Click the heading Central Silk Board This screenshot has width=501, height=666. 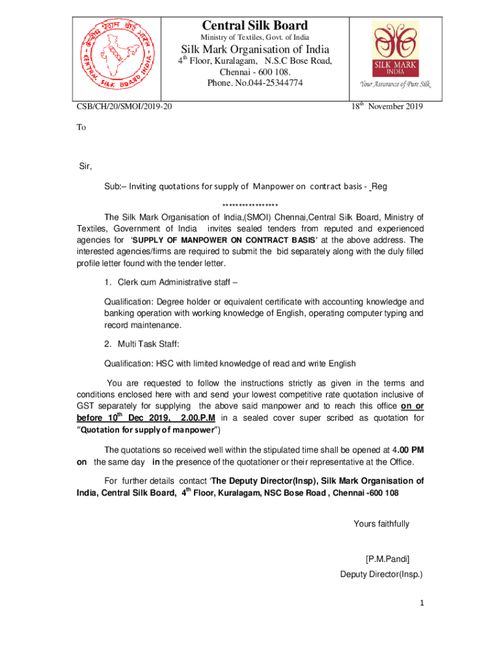pyautogui.click(x=255, y=25)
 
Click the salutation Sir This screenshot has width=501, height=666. pyautogui.click(x=86, y=166)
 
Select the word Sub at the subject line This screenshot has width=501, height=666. pyautogui.click(x=112, y=187)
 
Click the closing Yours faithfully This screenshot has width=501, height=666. pyautogui.click(x=381, y=524)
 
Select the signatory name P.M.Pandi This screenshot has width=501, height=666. pyautogui.click(x=388, y=558)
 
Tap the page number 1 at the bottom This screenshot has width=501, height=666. pyautogui.click(x=421, y=603)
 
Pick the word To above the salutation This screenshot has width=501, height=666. pyautogui.click(x=81, y=127)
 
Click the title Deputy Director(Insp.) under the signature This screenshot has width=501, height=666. pyautogui.click(x=381, y=574)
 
